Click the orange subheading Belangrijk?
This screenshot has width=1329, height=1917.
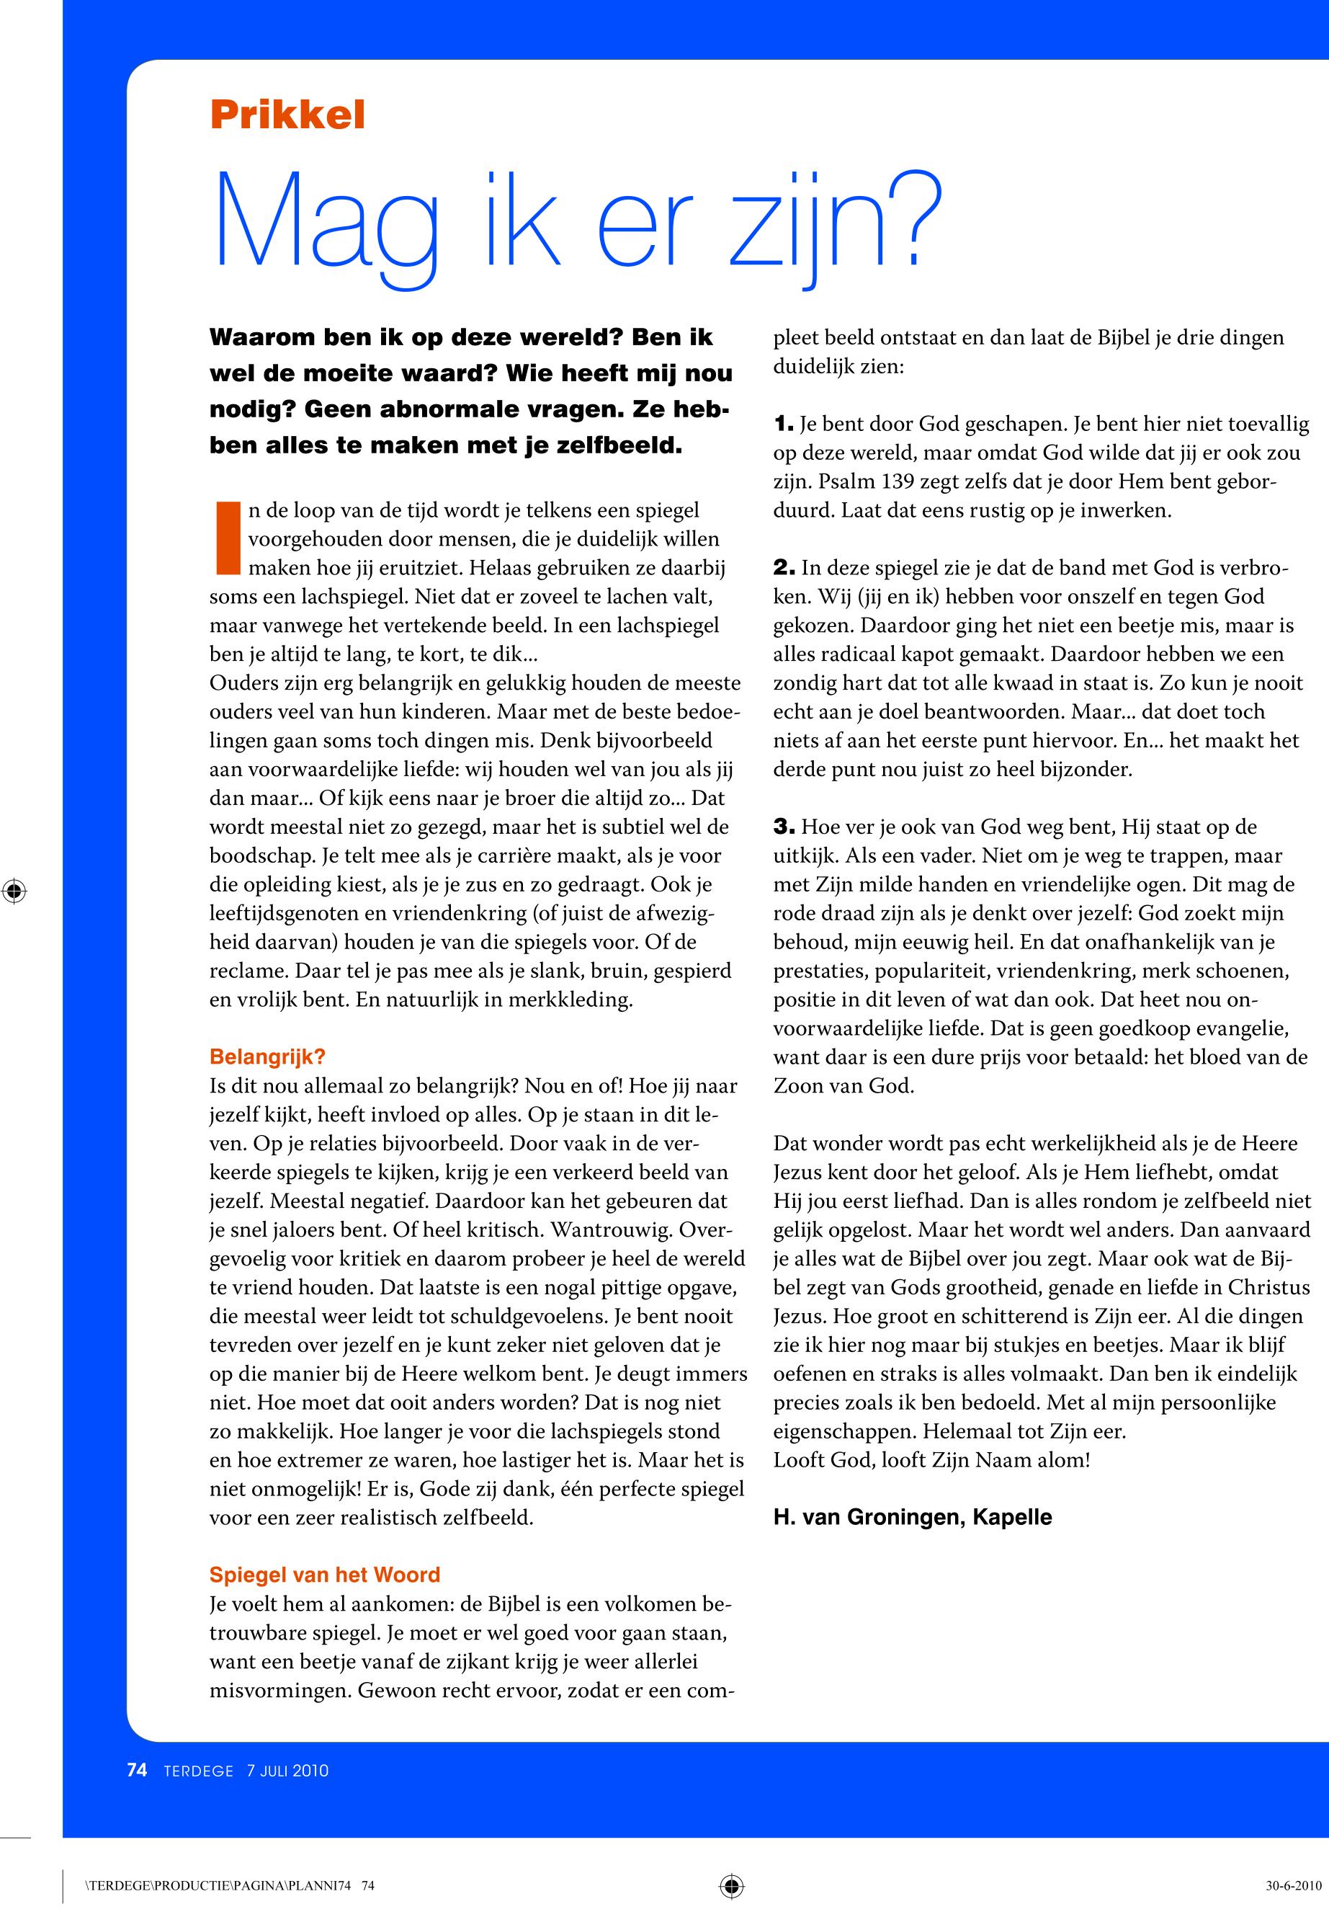click(267, 1057)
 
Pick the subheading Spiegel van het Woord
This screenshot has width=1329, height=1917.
click(325, 1575)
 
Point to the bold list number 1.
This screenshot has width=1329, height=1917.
click(784, 424)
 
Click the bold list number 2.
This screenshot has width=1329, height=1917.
click(784, 568)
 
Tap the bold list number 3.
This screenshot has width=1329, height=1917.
click(784, 827)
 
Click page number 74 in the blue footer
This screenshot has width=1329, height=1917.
click(138, 1771)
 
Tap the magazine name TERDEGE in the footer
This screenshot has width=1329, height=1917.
click(198, 1771)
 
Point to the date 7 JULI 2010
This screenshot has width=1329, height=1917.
click(287, 1771)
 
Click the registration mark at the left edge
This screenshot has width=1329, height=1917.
click(14, 891)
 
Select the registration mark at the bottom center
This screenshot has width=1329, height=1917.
click(731, 1885)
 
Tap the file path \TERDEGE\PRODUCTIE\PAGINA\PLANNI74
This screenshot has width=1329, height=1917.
click(220, 1886)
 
